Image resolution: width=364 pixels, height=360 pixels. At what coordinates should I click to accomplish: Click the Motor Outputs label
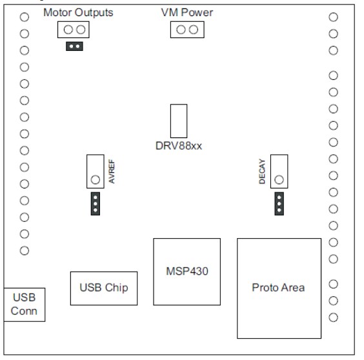(78, 13)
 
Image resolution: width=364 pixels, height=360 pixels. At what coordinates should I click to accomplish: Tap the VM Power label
(187, 13)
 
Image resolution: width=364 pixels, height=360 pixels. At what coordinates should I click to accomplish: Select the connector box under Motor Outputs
(73, 30)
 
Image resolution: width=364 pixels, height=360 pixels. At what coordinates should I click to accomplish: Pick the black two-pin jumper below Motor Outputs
(74, 46)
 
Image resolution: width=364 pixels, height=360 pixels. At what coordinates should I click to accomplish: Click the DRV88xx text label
(178, 146)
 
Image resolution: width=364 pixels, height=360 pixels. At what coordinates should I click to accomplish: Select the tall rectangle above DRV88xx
(178, 120)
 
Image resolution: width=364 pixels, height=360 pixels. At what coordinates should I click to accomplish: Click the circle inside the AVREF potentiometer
(95, 179)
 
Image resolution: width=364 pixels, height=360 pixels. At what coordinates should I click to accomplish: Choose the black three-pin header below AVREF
(95, 203)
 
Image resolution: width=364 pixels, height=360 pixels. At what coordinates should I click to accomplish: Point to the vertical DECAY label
(262, 173)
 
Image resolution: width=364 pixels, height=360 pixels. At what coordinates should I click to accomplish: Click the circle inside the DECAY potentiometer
(279, 179)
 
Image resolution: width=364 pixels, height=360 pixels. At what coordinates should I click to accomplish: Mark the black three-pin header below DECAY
(279, 203)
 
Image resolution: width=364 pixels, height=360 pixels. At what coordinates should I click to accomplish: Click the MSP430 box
(187, 271)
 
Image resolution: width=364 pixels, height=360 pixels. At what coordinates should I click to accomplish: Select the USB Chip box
(103, 288)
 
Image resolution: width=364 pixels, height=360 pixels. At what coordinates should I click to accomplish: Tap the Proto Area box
(279, 286)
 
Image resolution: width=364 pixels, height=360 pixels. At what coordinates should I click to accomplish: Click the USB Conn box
(23, 304)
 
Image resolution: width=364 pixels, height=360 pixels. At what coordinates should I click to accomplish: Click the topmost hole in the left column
(25, 17)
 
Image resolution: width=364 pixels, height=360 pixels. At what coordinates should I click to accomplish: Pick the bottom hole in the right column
(334, 317)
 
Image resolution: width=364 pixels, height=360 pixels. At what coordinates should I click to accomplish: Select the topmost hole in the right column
(334, 17)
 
